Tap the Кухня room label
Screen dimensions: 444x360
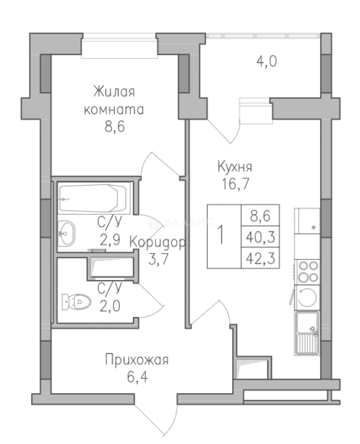[235, 167]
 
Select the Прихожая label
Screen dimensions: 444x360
[137, 361]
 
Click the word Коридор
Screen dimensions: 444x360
[158, 242]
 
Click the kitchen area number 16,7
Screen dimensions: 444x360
[235, 184]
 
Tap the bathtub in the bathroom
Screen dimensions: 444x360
[93, 198]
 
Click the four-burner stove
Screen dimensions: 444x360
[307, 271]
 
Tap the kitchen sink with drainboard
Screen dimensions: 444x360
[307, 333]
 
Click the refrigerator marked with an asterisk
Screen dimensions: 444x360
[307, 221]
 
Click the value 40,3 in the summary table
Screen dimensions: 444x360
[260, 237]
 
